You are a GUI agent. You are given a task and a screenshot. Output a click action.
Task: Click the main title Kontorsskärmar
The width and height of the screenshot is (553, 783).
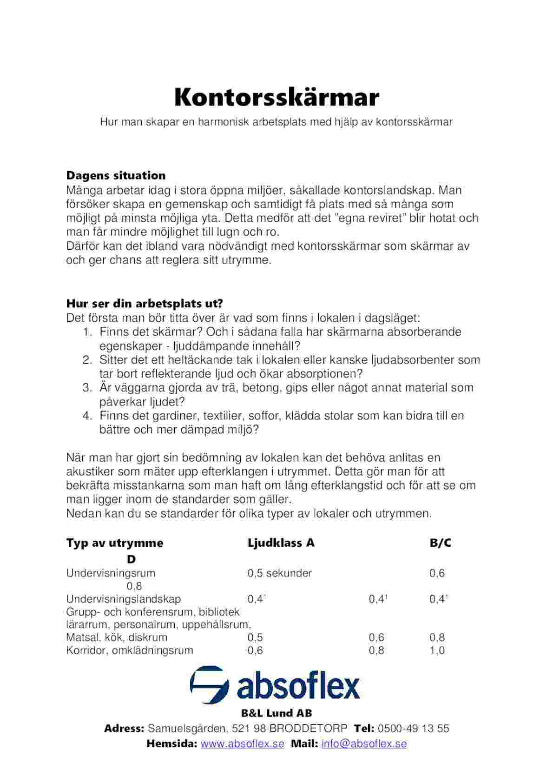coord(276,98)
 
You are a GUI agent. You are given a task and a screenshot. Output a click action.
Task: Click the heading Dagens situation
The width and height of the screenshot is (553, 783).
coord(116,176)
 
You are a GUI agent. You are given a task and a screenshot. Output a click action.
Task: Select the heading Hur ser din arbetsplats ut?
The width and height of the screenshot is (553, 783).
coord(145,304)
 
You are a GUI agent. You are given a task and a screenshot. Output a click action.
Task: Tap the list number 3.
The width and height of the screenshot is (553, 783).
coord(87,388)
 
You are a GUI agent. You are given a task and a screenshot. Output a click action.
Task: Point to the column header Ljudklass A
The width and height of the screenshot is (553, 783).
coord(281,543)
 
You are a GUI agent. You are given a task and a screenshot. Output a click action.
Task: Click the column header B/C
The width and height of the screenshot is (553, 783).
coord(440,543)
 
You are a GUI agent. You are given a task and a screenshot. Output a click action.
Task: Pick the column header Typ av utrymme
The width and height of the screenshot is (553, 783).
coord(115,543)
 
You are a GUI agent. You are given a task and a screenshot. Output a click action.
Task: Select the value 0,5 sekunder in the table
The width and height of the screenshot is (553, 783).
coord(279,573)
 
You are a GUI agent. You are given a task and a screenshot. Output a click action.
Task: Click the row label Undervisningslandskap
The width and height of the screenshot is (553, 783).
coord(123,599)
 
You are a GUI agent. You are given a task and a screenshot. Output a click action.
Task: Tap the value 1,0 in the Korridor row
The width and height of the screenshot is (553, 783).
coord(437,650)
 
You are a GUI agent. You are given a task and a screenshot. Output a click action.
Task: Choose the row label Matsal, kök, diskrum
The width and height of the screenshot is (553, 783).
coord(117,637)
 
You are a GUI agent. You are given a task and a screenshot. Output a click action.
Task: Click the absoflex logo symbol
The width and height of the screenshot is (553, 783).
coord(210,685)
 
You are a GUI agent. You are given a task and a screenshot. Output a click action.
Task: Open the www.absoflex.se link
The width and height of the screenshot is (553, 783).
coord(242,743)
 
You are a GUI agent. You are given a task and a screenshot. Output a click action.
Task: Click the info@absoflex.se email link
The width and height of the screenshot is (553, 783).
coord(364,743)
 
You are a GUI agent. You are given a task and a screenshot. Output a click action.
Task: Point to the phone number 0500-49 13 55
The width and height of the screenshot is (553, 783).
coord(414,729)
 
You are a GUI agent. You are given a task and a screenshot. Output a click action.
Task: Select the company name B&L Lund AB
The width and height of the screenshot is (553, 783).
coord(276,713)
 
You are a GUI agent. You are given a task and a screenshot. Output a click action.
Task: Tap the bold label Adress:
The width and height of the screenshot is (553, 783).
coord(124,729)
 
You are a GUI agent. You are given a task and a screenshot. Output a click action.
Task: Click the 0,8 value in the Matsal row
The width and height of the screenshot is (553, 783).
coord(437,637)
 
